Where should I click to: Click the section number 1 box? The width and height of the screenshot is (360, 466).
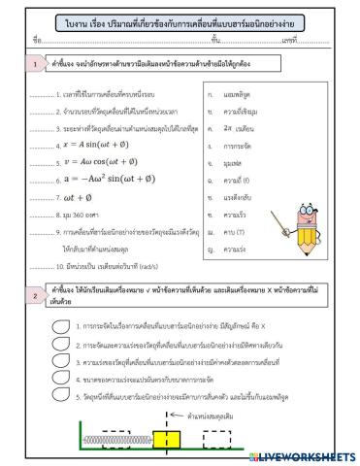35,64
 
